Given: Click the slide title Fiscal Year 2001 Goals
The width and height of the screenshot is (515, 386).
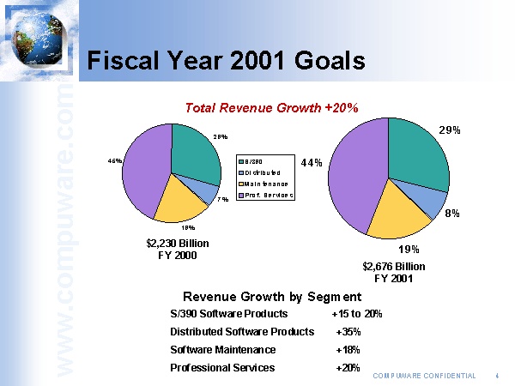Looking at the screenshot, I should (227, 61).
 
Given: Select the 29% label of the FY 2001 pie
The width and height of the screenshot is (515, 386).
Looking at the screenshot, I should (451, 130).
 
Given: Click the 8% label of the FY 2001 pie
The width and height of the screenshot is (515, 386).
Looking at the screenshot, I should (453, 214).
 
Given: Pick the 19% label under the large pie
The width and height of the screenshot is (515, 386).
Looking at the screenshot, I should (409, 249).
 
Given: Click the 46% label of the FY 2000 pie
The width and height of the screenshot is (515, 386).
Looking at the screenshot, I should (114, 160).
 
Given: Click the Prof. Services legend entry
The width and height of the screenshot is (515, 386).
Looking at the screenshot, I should (269, 195).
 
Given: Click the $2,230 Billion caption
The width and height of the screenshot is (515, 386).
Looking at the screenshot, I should (178, 244).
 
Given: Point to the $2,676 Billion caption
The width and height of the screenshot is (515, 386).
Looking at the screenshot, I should (393, 267).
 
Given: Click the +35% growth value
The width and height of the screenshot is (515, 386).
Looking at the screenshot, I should (348, 332).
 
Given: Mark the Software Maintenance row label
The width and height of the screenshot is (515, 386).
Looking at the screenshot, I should (222, 350).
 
